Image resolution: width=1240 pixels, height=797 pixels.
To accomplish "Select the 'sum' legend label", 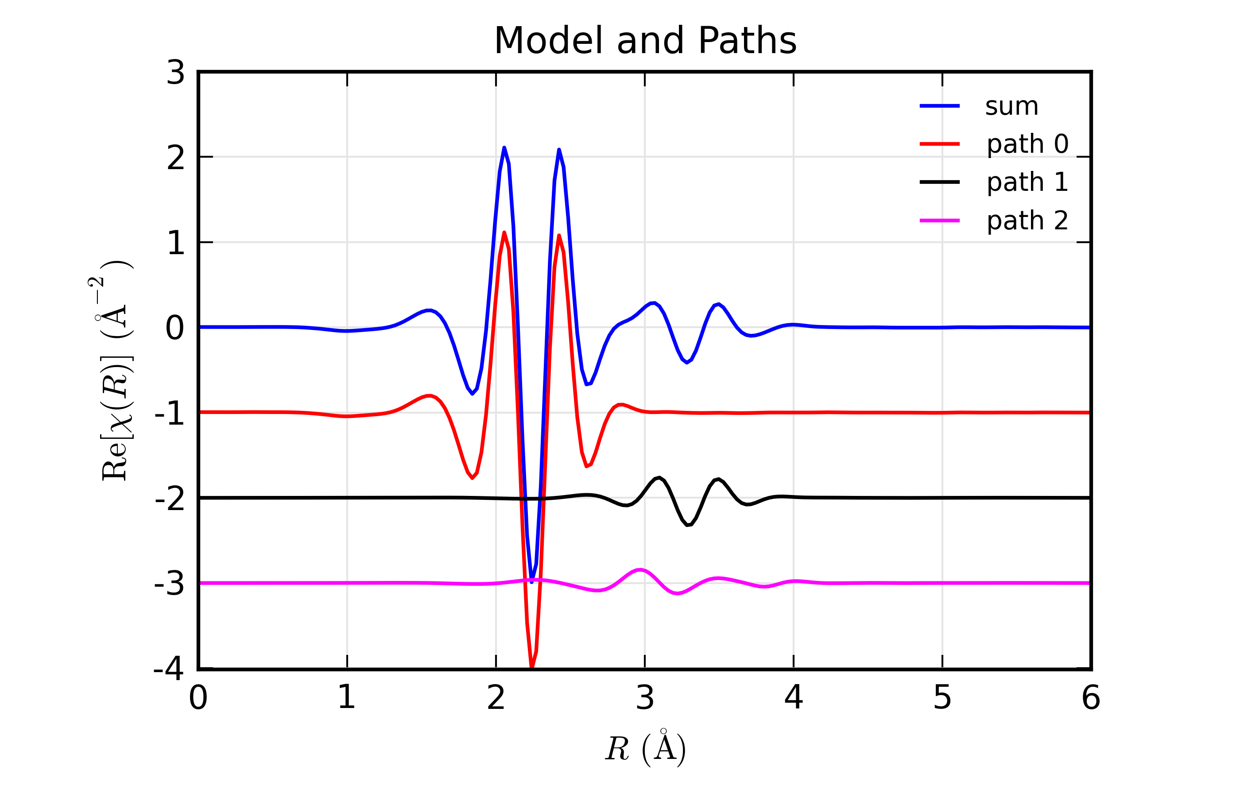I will [x=1011, y=107].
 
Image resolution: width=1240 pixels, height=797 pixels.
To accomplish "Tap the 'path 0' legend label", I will [x=1027, y=144].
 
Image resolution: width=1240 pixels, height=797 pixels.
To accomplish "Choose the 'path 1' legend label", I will [x=1027, y=182].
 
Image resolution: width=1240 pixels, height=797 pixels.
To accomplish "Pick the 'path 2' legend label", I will [x=1027, y=221].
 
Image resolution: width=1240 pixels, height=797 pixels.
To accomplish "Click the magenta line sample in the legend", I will [x=939, y=221].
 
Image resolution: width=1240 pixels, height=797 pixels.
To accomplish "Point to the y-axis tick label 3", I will [x=175, y=73].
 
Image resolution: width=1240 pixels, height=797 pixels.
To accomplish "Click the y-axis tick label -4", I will [x=169, y=668].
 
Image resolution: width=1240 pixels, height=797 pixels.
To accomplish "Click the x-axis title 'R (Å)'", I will [x=645, y=748].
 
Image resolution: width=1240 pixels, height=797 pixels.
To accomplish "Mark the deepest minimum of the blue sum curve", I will [x=531, y=582].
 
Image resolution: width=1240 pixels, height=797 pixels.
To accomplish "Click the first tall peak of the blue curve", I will [x=504, y=148].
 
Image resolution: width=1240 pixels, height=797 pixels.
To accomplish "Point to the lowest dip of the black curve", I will [x=688, y=525].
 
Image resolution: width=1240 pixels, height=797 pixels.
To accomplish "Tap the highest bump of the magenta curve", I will [x=641, y=570].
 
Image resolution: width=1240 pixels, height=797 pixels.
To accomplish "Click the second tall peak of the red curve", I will [x=559, y=236].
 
